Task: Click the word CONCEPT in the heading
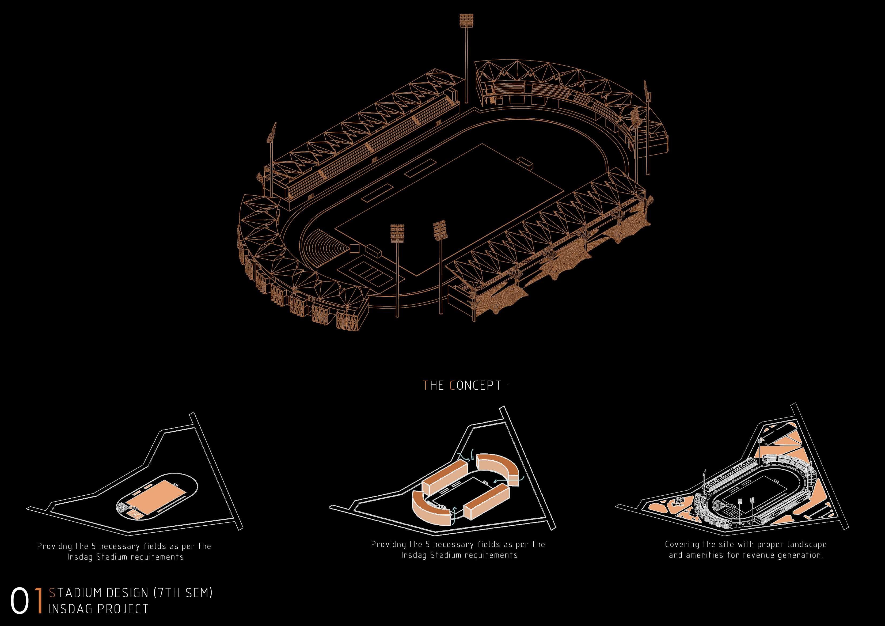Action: (x=476, y=385)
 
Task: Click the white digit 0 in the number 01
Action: (x=20, y=601)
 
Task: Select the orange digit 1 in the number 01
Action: (x=39, y=601)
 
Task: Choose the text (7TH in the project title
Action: (x=167, y=593)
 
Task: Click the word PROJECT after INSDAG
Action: (x=123, y=609)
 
